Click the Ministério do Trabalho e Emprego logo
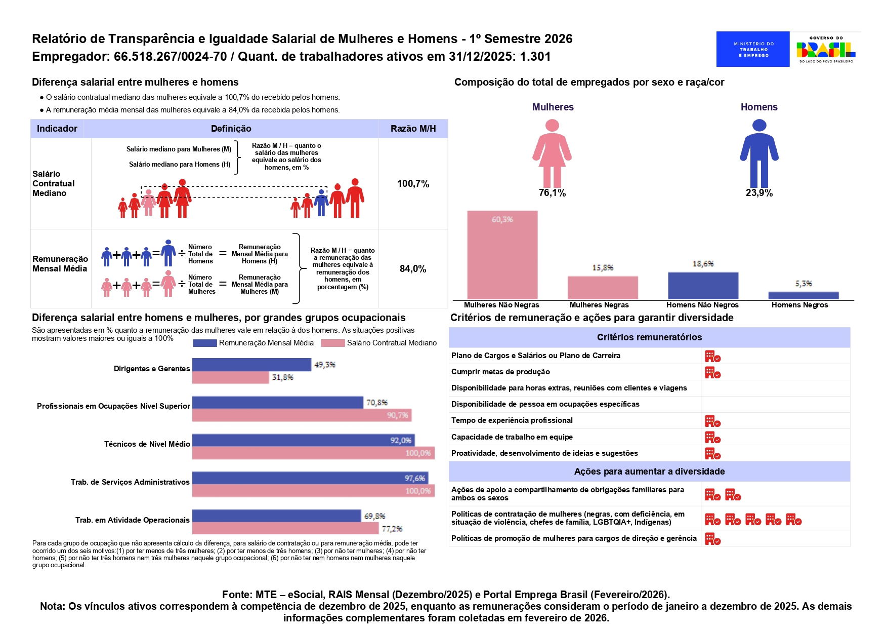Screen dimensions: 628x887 click(x=752, y=49)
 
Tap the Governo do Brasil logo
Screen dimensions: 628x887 click(x=826, y=49)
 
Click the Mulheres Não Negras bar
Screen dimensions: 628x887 click(x=502, y=255)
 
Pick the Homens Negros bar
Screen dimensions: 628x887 click(x=803, y=295)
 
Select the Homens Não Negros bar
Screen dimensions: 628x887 click(x=703, y=286)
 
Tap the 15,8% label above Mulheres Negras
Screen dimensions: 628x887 click(x=603, y=267)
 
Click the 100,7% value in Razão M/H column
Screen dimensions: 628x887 click(x=413, y=184)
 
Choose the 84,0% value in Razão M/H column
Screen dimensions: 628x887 click(x=413, y=269)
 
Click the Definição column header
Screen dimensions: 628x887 click(x=231, y=129)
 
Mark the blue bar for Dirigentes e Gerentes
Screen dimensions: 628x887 click(x=251, y=365)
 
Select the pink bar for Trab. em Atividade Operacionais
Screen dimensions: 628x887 click(x=285, y=528)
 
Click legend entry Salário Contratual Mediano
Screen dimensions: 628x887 click(x=391, y=343)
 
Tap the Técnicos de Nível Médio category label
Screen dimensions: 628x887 click(x=147, y=444)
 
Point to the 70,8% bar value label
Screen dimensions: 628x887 click(x=376, y=403)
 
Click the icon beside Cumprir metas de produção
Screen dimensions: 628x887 click(x=712, y=373)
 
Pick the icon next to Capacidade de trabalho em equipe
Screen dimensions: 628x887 click(x=712, y=438)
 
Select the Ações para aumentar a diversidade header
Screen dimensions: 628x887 click(x=649, y=472)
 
